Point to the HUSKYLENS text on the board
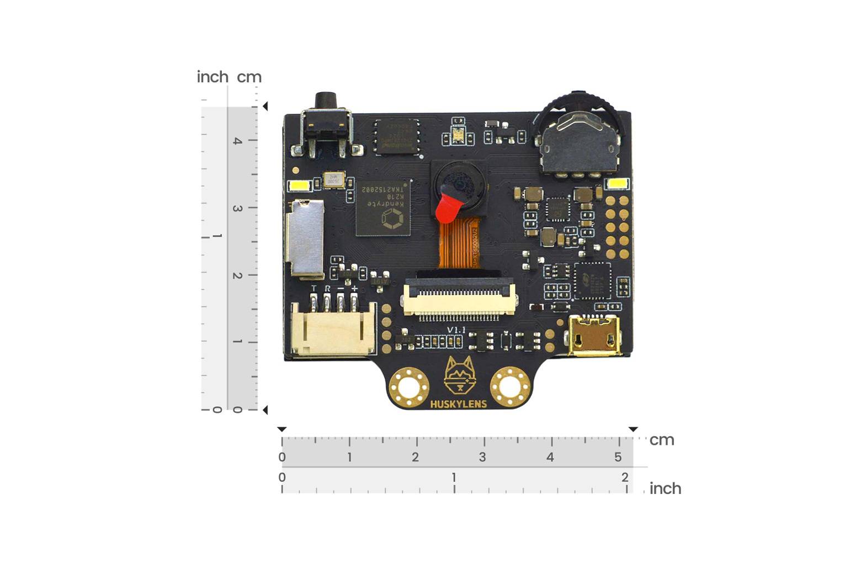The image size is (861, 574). pos(458,404)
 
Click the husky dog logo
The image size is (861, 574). pos(459,375)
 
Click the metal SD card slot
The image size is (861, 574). pos(305,238)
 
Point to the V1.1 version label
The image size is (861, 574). pos(456,329)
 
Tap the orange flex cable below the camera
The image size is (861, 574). pos(458,245)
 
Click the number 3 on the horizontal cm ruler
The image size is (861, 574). pos(482,457)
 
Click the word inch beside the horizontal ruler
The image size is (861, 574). pos(665,488)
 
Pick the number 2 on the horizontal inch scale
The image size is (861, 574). pos(625,477)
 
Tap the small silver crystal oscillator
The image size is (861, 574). pos(334,180)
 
